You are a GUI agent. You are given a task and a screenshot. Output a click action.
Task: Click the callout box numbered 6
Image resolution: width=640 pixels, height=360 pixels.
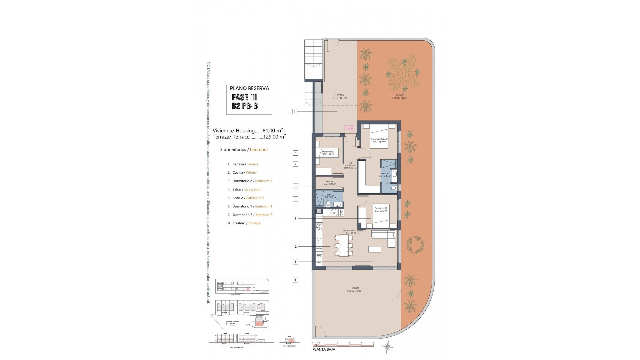[295, 153]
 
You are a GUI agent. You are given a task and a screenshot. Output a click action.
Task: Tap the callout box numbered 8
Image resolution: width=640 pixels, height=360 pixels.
[295, 186]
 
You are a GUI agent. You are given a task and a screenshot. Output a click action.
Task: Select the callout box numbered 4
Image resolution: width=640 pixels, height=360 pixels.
[295, 262]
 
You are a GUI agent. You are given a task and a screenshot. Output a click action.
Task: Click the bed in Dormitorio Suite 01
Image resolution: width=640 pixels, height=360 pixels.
[379, 136]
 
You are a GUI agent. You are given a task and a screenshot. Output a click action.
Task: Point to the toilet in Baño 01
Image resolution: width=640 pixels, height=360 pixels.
[394, 188]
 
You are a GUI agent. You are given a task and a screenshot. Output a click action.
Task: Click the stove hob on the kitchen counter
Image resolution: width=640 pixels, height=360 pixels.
[319, 228]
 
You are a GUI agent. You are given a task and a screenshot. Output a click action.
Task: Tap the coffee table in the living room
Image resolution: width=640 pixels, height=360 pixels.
[375, 249]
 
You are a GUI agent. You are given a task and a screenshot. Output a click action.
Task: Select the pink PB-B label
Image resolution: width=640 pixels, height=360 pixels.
[349, 128]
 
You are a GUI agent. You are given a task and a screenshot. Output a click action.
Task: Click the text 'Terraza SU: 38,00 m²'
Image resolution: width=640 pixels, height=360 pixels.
[355, 289]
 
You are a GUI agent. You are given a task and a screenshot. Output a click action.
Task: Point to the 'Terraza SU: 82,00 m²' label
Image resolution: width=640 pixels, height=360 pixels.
[400, 96]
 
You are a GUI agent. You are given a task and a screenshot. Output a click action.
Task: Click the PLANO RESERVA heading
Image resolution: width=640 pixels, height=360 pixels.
[249, 88]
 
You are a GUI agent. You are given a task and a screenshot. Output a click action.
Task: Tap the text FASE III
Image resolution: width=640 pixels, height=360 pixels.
[244, 97]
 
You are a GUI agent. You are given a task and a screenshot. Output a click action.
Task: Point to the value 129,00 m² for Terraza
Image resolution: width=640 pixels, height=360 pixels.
[274, 137]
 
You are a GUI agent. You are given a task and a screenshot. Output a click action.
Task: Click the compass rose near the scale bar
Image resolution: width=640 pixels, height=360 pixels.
[388, 348]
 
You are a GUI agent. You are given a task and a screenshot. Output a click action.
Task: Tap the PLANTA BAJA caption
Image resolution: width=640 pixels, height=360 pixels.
[324, 349]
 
